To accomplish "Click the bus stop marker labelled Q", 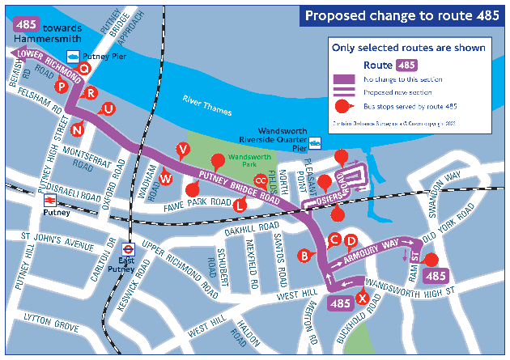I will pos(83,69).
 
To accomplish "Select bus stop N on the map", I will pos(77,129).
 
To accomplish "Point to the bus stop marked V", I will pos(183,148).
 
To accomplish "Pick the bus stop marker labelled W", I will pos(166,178).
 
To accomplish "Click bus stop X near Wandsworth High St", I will pos(363,299).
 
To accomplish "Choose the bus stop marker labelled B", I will pos(304,256).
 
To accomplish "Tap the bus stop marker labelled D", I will pos(351,240).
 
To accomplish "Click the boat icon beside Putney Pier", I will pos(73,56).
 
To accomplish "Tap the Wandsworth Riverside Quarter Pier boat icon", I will pos(316,143).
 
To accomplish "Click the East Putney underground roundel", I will pos(127,249).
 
